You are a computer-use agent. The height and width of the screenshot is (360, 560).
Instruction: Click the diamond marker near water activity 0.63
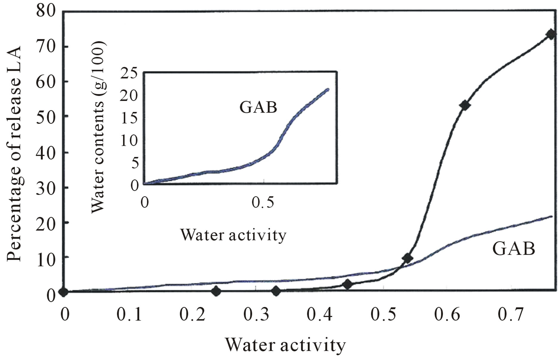coord(465,105)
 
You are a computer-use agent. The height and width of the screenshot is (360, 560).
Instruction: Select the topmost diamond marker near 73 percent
coord(550,34)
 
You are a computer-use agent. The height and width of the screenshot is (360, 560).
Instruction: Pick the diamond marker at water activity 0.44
coord(347,284)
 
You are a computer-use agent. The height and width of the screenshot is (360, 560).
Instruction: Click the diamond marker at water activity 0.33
coord(276,291)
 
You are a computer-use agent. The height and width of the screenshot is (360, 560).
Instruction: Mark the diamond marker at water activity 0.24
coord(216,291)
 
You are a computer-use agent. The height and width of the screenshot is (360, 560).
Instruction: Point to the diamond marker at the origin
coord(63,292)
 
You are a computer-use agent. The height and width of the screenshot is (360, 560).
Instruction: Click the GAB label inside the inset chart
coord(258,107)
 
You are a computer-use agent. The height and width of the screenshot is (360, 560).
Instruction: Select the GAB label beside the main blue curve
coord(514,249)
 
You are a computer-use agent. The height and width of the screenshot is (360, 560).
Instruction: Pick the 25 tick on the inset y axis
coord(130,73)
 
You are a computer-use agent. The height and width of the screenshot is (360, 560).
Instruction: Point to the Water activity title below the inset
coord(233,235)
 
